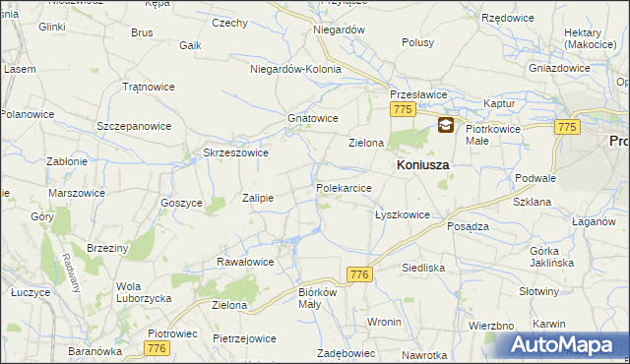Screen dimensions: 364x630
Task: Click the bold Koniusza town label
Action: tap(422, 166)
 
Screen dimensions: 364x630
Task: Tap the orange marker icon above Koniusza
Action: tap(446, 126)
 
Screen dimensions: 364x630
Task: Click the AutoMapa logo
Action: tap(562, 345)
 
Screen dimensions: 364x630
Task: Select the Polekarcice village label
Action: tap(344, 187)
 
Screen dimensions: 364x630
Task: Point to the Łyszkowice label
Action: tap(403, 213)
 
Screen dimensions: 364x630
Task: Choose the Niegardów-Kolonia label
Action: tap(295, 70)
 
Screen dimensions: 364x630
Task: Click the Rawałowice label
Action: tap(245, 262)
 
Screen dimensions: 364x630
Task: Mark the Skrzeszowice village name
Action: tap(235, 152)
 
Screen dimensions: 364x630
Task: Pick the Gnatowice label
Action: tap(313, 118)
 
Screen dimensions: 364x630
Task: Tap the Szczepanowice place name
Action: tap(134, 127)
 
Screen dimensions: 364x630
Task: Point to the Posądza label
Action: tap(469, 225)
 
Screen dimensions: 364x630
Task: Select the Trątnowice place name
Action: tap(149, 87)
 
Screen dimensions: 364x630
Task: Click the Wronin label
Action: tap(384, 322)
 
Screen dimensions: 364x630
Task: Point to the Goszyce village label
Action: tap(181, 202)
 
